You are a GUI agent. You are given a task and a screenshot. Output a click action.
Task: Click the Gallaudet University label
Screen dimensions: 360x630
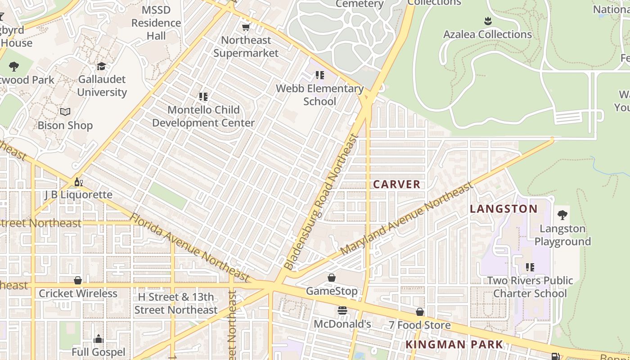102,86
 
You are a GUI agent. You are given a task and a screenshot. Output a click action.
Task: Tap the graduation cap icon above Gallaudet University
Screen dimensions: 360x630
102,67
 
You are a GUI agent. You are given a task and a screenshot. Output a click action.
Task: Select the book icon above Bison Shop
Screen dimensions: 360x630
65,112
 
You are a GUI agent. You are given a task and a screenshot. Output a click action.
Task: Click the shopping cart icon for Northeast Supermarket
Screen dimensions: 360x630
246,27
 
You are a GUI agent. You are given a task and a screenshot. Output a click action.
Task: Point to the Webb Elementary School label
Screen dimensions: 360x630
319,95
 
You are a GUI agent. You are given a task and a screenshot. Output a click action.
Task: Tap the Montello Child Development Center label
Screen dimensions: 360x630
203,116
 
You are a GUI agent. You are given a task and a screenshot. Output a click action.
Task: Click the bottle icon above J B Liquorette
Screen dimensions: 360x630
78,182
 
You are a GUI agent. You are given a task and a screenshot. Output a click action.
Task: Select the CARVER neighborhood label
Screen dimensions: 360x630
396,184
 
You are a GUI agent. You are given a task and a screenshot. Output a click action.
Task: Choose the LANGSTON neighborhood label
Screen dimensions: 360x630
504,209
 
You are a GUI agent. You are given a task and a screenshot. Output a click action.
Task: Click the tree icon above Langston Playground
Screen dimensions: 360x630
562,215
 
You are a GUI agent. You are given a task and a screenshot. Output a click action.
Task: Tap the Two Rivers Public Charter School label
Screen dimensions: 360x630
530,287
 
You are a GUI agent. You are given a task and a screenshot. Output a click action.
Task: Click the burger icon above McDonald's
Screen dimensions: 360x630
342,310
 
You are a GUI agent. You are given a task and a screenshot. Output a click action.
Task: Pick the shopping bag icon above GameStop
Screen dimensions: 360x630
332,278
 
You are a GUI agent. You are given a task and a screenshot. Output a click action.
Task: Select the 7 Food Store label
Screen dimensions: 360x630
419,325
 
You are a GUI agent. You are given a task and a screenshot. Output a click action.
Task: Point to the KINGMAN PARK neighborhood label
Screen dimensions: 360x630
454,345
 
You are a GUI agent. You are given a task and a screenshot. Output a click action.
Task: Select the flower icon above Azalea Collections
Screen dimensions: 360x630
487,21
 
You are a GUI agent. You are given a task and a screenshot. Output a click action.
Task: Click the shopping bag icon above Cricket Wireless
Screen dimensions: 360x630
78,280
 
